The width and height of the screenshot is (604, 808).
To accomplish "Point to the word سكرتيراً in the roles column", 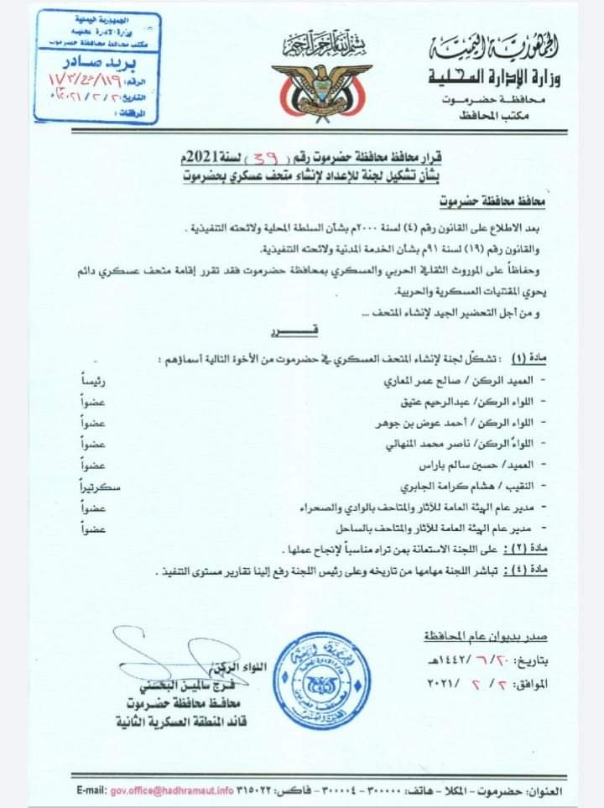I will click(100, 486).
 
